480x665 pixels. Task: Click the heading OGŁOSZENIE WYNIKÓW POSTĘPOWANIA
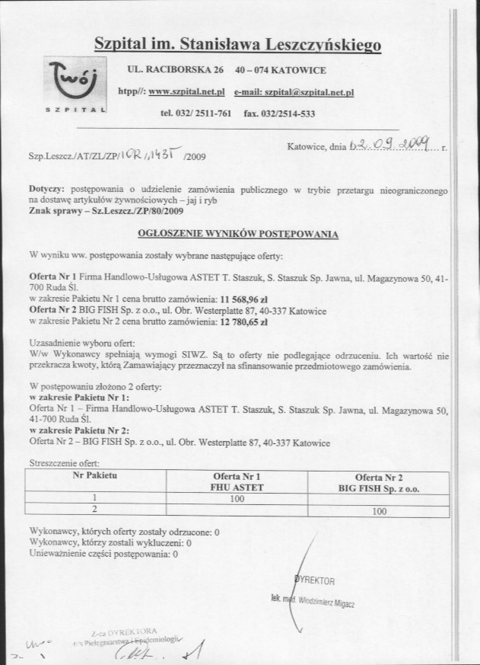[238, 235]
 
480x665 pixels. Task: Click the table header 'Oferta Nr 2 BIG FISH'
[379, 481]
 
